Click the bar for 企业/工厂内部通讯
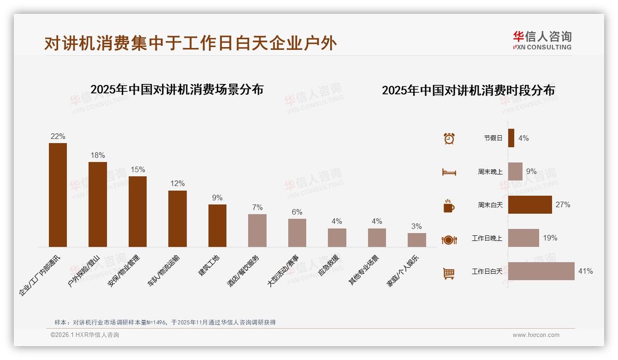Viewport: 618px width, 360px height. coord(58,195)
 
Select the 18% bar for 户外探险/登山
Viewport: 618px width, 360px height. coord(98,204)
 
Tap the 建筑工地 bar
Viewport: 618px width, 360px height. coord(217,225)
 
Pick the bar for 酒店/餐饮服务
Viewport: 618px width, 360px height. coord(257,230)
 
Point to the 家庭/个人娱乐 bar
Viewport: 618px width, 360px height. coord(416,240)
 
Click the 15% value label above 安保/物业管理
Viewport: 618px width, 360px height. coord(137,169)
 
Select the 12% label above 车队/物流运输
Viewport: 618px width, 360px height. coord(177,184)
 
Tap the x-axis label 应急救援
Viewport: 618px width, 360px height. coord(329,265)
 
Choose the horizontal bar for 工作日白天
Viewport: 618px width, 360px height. coord(541,271)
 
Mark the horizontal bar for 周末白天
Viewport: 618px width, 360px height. coord(530,204)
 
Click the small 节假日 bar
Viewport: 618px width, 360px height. coord(511,138)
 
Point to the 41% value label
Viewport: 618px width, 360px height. coord(585,271)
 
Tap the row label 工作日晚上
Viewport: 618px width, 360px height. coord(487,238)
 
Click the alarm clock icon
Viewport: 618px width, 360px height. coord(449,138)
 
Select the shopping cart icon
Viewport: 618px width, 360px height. coord(449,273)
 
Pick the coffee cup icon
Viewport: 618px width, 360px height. coord(449,206)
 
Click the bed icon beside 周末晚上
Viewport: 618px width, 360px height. coord(449,172)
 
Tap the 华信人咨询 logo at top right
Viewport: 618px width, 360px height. coord(542,40)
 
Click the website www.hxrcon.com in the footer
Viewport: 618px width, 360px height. coord(535,335)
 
